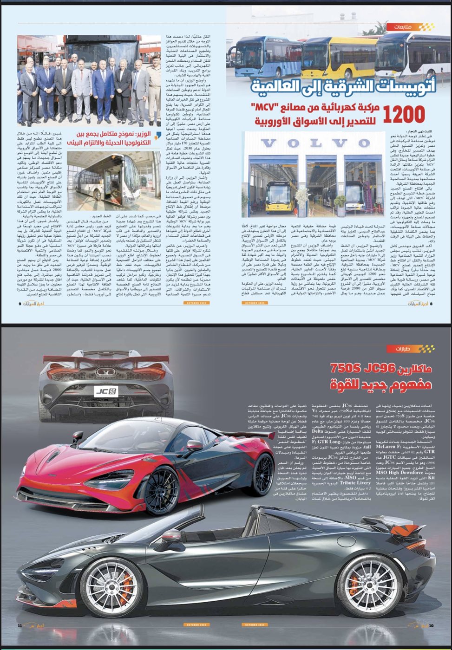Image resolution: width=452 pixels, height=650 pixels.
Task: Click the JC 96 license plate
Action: pos(106,391)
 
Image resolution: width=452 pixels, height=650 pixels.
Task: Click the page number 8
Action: pos(431,304)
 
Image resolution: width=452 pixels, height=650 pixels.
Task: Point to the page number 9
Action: pos(20,304)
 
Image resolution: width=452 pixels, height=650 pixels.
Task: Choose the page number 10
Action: pos(431,625)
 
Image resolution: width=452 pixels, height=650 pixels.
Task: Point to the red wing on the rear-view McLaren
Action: pos(106,360)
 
